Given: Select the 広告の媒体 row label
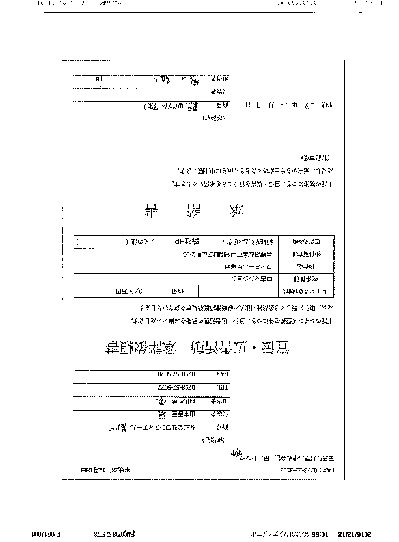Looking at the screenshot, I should pos(305,240).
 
